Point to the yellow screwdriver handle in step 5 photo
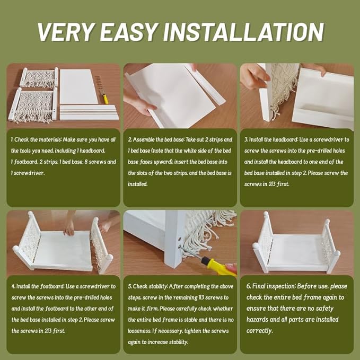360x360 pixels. coord(218,266)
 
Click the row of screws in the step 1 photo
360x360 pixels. coord(99,82)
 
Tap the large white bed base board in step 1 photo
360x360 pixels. coord(79,86)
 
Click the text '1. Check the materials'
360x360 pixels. coord(36,139)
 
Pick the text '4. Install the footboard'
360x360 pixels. coord(38,286)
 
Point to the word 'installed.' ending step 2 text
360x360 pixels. coord(138,184)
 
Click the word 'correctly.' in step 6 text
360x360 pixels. coord(260,331)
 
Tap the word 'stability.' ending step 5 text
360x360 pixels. coord(179,342)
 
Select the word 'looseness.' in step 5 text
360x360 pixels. coord(139,331)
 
